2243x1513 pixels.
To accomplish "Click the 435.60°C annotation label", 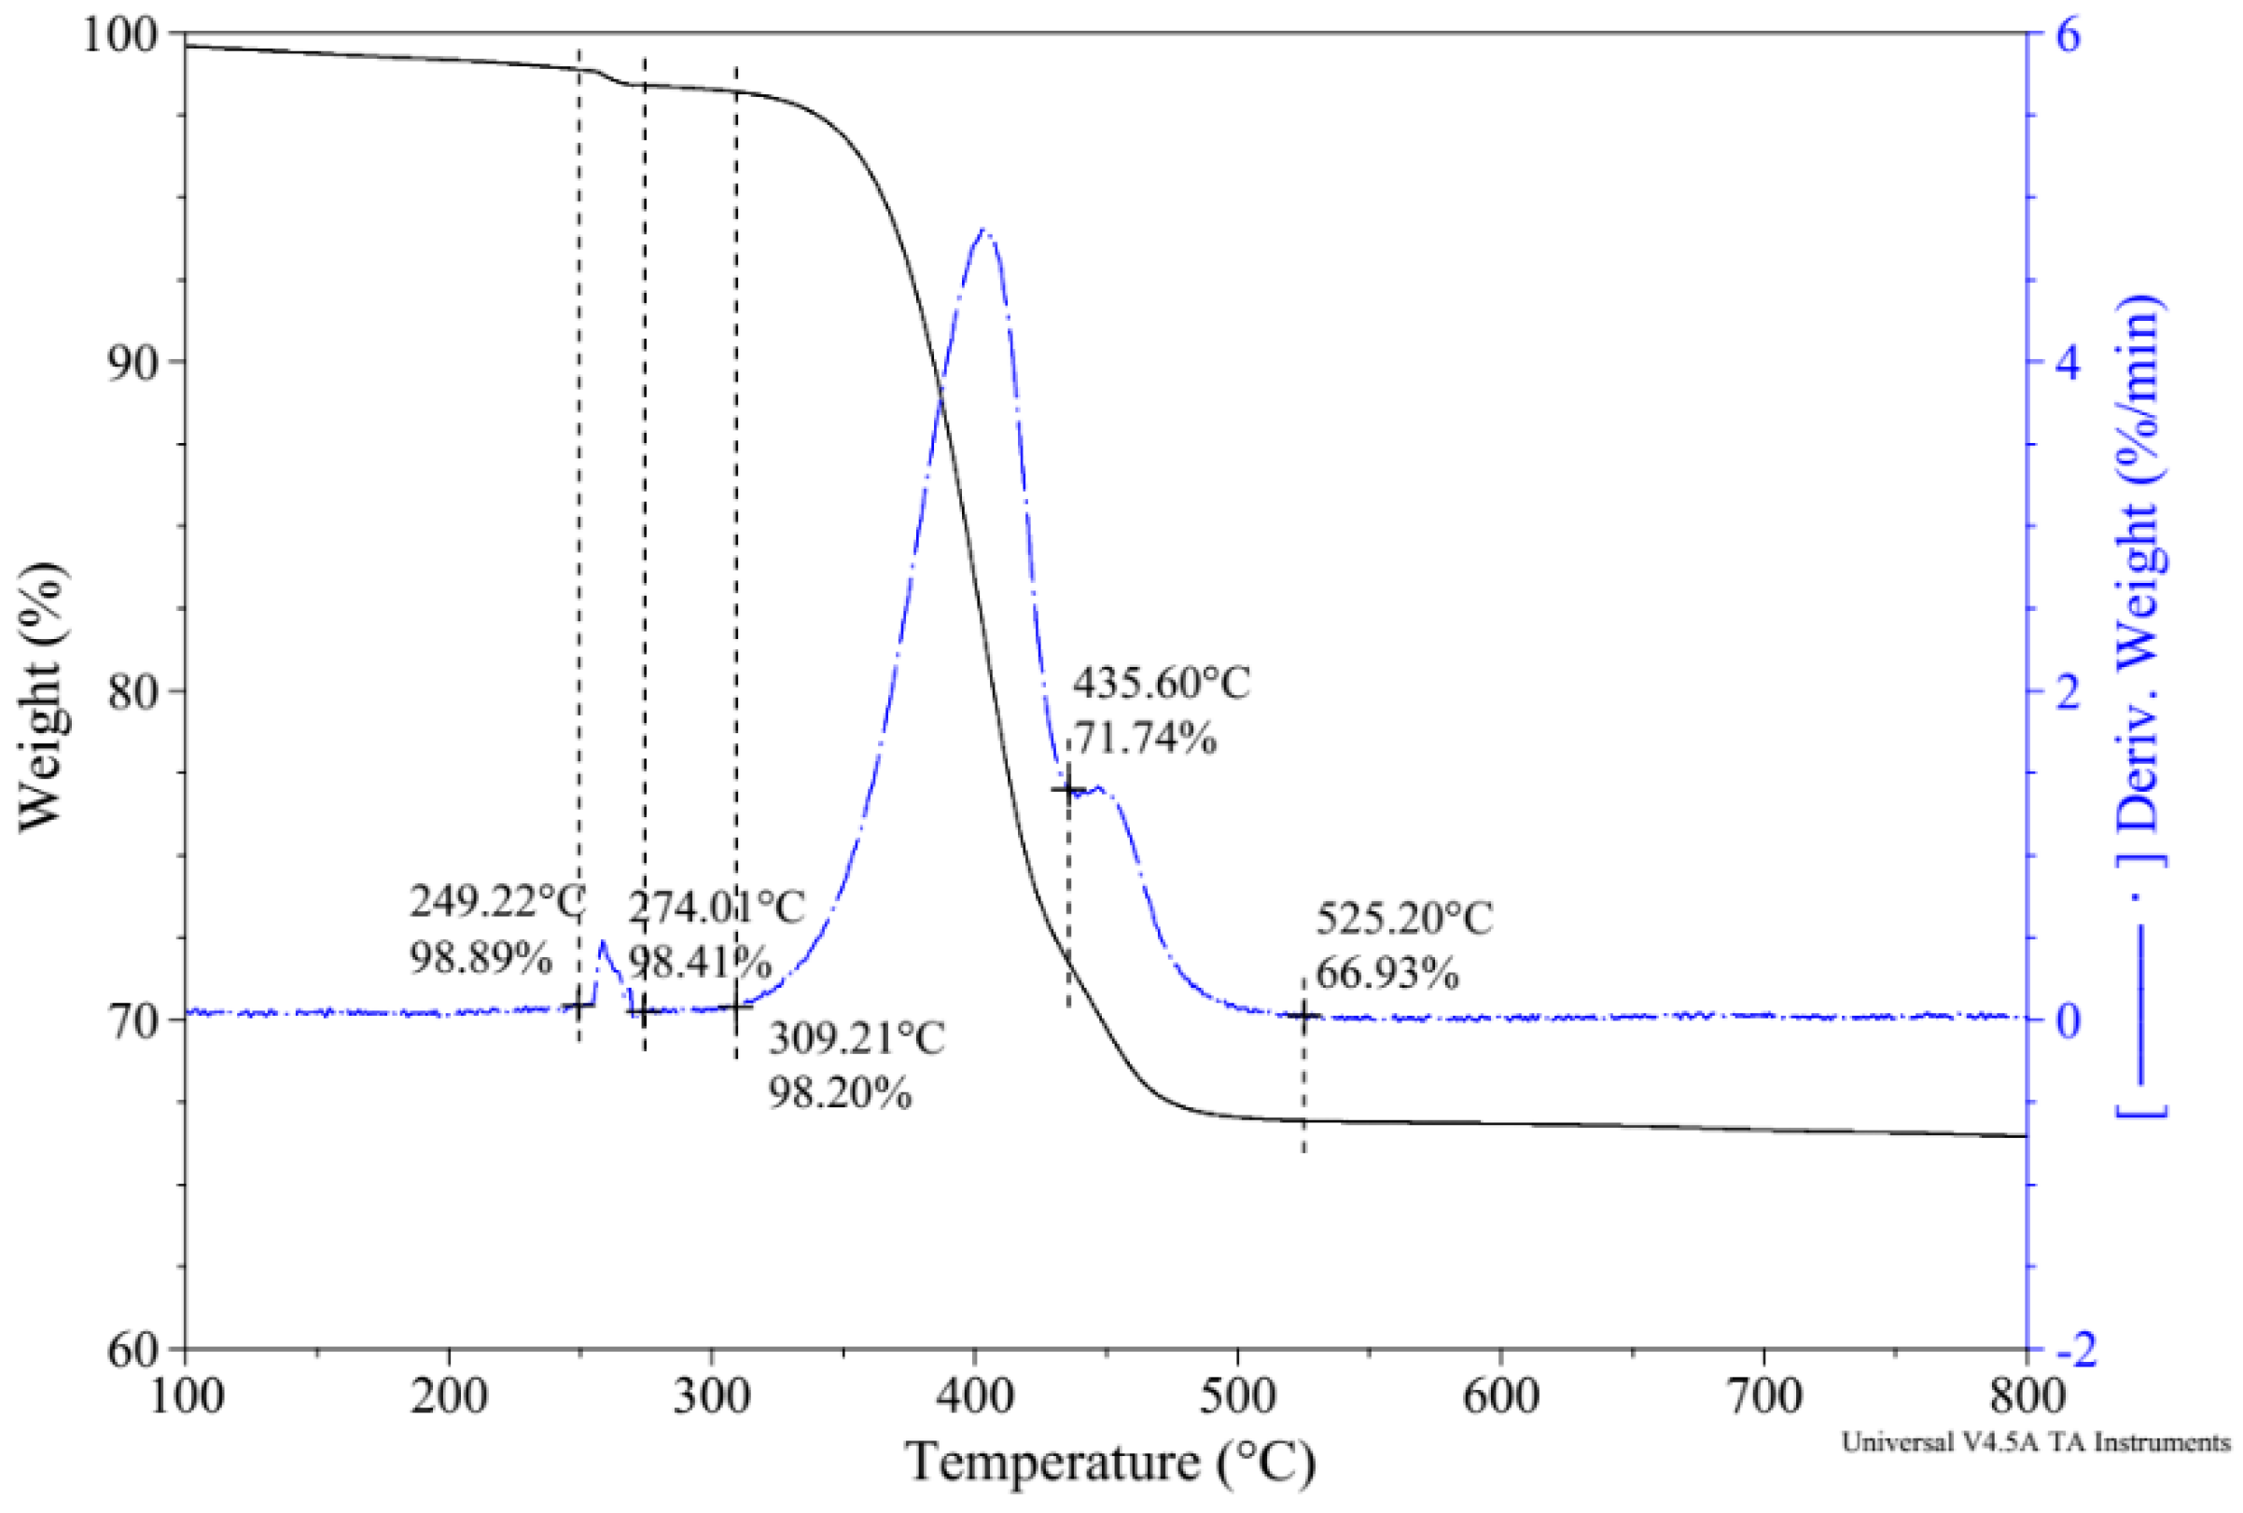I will point(1161,684).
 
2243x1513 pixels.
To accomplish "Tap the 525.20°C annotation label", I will point(1404,918).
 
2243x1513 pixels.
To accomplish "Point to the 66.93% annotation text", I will point(1386,974).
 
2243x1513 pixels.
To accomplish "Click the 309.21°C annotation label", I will point(857,1038).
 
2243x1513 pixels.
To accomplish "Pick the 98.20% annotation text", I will point(840,1093).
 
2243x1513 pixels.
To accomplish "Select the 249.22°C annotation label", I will point(497,903).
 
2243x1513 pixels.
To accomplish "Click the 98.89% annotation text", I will point(481,958).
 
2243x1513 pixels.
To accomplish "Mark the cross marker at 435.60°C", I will point(1068,789).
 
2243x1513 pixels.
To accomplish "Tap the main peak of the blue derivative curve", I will point(982,230).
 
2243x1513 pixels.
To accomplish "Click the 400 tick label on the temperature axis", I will point(974,1396).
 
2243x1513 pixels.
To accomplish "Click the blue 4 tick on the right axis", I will point(2068,362).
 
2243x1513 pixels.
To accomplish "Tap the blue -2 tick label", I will point(2075,1349).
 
